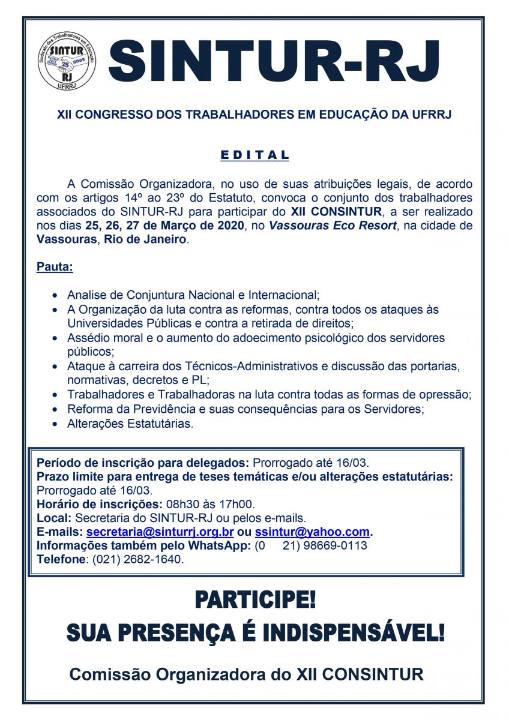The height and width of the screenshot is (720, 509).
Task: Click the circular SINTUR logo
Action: click(x=67, y=62)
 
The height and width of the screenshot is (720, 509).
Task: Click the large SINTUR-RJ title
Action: click(x=274, y=62)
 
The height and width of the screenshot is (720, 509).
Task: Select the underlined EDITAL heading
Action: click(x=254, y=155)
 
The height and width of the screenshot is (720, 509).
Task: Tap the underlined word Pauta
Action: click(x=55, y=266)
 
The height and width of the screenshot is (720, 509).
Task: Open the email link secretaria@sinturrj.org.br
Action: click(x=160, y=532)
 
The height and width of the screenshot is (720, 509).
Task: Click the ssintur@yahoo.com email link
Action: click(x=312, y=532)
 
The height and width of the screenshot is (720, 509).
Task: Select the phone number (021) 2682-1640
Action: click(x=137, y=559)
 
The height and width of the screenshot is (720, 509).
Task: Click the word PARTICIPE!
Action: click(x=254, y=599)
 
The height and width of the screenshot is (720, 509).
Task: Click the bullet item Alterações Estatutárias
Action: click(x=130, y=424)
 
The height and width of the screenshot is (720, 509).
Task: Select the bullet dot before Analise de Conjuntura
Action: click(x=55, y=296)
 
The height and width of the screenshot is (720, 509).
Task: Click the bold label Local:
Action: click(x=54, y=518)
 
